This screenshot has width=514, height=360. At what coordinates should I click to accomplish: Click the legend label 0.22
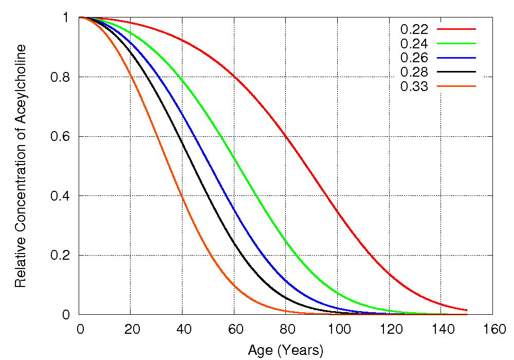click(x=414, y=29)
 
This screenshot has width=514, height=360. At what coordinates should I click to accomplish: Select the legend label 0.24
click(x=414, y=43)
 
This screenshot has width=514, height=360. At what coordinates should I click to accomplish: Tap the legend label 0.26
click(x=414, y=58)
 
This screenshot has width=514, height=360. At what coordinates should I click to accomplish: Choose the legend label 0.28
click(x=414, y=72)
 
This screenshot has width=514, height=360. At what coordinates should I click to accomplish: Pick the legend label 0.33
click(x=414, y=86)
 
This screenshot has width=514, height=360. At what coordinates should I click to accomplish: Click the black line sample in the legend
click(x=456, y=71)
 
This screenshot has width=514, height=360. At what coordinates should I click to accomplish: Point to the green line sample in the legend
click(x=456, y=43)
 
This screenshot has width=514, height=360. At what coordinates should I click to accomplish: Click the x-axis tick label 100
click(x=338, y=329)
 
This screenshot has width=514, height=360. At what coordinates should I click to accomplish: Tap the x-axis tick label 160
click(x=492, y=329)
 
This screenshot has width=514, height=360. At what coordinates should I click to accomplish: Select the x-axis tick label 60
click(x=234, y=329)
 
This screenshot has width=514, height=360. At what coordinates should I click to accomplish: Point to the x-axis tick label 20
click(x=131, y=329)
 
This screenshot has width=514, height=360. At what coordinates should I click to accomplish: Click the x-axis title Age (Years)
click(x=286, y=351)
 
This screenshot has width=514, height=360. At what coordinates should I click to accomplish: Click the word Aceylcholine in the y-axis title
click(x=20, y=83)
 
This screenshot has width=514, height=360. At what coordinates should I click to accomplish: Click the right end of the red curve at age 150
click(x=466, y=310)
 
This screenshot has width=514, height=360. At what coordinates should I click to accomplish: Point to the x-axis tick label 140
click(x=441, y=329)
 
